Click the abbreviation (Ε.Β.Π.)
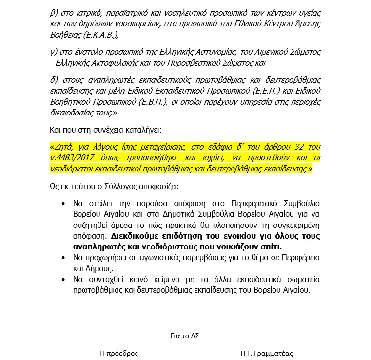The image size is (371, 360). pyautogui.click(x=146, y=102)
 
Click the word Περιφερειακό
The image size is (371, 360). pyautogui.click(x=245, y=203)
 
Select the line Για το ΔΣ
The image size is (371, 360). pyautogui.click(x=185, y=336)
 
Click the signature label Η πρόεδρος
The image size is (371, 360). pyautogui.click(x=119, y=353)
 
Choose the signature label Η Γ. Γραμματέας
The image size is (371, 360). pyautogui.click(x=267, y=353)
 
